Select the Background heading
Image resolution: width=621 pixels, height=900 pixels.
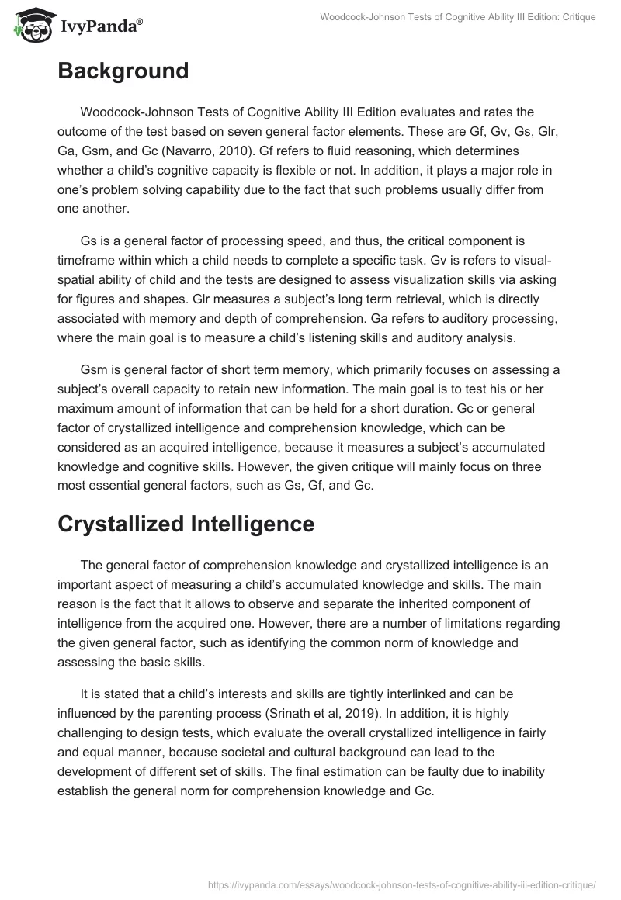[123, 71]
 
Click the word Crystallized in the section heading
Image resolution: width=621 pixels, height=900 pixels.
[120, 524]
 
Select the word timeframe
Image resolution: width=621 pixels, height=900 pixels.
[88, 260]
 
